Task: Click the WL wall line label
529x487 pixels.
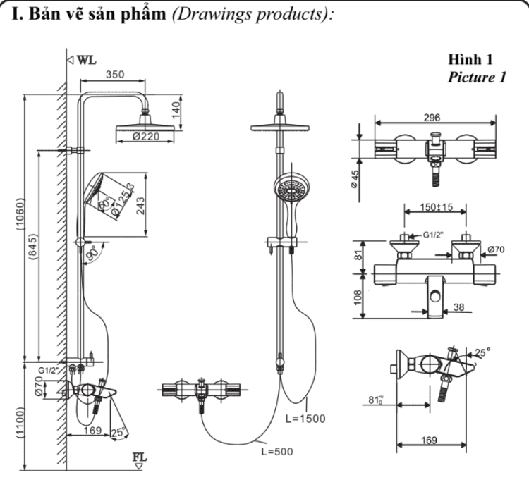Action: click(85, 60)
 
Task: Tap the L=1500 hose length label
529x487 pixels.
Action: click(305, 418)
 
